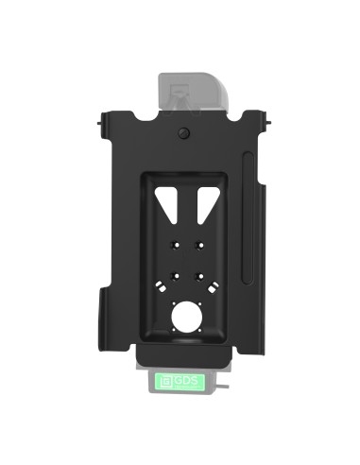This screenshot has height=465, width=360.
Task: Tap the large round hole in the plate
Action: (186, 315)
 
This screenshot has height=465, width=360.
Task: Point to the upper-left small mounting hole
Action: (173, 244)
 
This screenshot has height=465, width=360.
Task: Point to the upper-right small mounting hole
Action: (198, 244)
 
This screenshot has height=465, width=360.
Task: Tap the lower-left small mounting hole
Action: (173, 277)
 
